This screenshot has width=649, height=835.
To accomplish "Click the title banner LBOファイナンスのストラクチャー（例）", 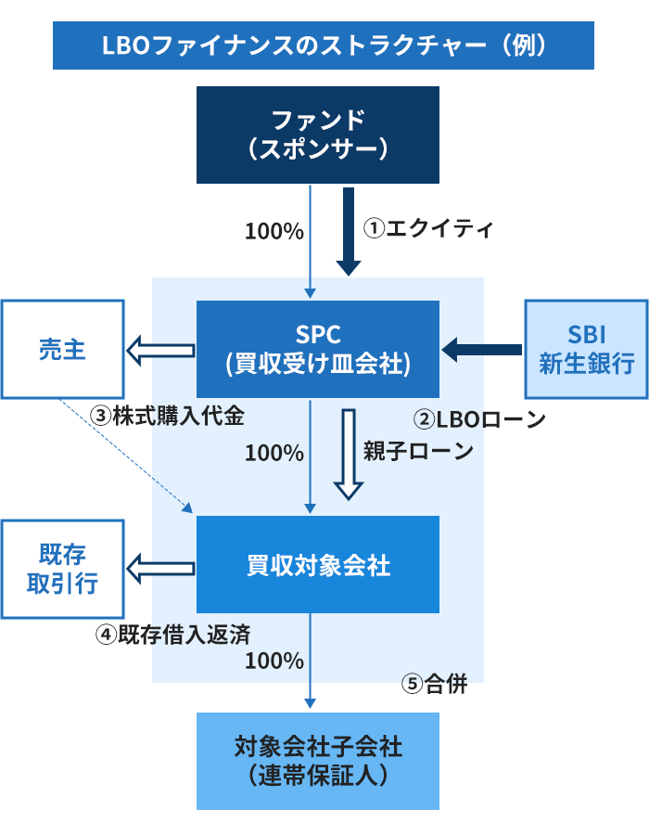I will pos(324,45).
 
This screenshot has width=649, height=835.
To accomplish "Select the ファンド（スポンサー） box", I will pos(317,135).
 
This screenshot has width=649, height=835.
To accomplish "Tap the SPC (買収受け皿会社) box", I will pos(317,349).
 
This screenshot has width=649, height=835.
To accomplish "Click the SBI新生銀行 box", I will pos(586,349).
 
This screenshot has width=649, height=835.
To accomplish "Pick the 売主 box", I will pos(62,349).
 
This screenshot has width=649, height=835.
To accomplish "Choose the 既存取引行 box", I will pos(62,568).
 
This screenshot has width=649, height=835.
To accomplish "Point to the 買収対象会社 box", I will pos(317,565).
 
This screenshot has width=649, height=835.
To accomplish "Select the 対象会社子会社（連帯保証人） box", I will pos(317,761).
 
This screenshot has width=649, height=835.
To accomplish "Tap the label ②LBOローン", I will pos(478,419).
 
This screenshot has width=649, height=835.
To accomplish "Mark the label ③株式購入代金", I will pos(168,416).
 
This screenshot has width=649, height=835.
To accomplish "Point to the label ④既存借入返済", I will pos(172,634).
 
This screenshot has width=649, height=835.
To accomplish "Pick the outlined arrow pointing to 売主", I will pos(160,350).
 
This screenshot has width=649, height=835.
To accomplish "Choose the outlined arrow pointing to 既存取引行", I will pos(160,565).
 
